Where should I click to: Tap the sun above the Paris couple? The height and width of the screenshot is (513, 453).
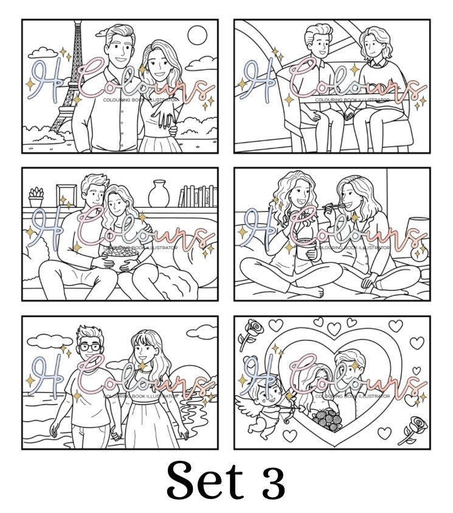198,35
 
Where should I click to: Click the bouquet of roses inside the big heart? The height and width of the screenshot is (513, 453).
327,419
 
